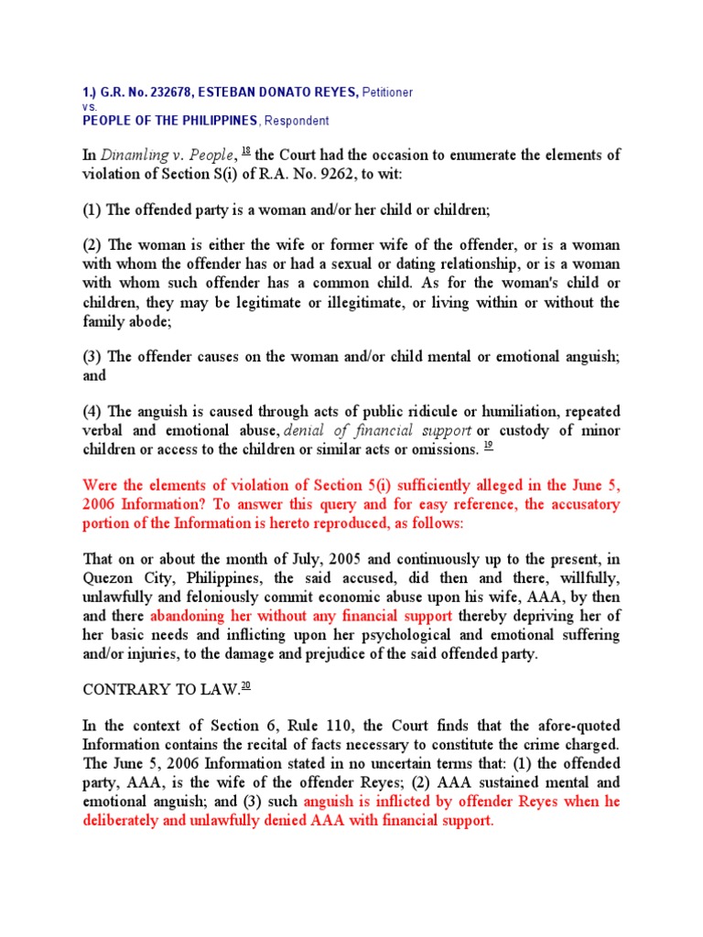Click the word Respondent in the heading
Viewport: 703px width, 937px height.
tap(297, 121)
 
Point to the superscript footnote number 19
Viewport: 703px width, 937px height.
tap(488, 446)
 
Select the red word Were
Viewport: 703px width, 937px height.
tap(102, 485)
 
